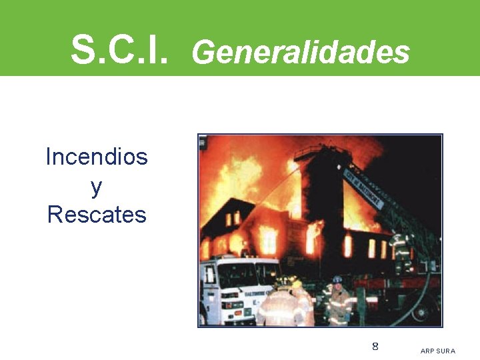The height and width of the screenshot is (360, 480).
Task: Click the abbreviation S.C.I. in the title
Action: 119,49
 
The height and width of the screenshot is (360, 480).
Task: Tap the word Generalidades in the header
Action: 300,51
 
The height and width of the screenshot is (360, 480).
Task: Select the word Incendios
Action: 97,157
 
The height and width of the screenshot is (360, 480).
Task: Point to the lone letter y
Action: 97,187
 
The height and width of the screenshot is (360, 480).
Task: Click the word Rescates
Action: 97,215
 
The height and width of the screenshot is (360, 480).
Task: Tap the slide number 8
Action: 375,346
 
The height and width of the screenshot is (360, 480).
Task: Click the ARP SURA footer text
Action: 438,351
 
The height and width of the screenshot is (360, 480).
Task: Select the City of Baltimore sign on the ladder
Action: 363,187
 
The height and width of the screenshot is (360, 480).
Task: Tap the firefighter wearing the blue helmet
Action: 339,300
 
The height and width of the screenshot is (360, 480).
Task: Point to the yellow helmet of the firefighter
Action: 297,284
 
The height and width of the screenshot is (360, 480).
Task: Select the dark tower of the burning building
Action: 320,193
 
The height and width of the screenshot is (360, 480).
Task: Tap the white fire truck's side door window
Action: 211,274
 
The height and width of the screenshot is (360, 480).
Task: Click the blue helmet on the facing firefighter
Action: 338,280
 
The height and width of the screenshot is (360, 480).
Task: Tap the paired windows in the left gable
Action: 233,218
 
